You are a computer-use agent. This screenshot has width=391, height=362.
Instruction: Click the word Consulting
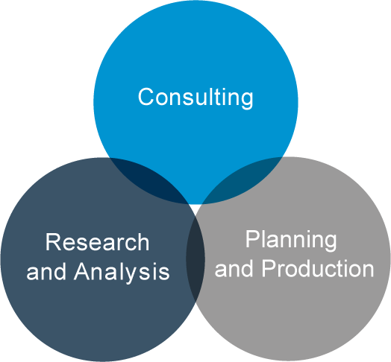[x=195, y=98]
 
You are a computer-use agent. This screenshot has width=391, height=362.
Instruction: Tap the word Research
[x=97, y=242]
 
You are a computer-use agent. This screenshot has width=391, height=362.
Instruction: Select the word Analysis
[x=122, y=271]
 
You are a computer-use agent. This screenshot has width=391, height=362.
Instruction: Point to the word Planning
[x=291, y=241]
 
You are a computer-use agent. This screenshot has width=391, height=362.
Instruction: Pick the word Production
[x=318, y=268]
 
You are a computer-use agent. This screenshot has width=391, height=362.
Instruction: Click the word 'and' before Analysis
[x=46, y=271]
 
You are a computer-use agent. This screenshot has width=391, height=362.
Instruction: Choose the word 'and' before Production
[x=234, y=268]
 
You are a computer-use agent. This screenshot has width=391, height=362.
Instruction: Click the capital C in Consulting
[x=146, y=97]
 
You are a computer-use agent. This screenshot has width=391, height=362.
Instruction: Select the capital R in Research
[x=53, y=242]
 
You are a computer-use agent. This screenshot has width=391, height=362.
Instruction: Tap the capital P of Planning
[x=252, y=238]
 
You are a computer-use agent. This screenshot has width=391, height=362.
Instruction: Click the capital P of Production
[x=269, y=268]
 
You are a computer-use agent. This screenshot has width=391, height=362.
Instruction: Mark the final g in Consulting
[x=247, y=100]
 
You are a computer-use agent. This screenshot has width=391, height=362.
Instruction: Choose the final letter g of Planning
[x=330, y=244]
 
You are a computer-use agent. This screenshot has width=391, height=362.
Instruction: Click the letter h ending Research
[x=144, y=242]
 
